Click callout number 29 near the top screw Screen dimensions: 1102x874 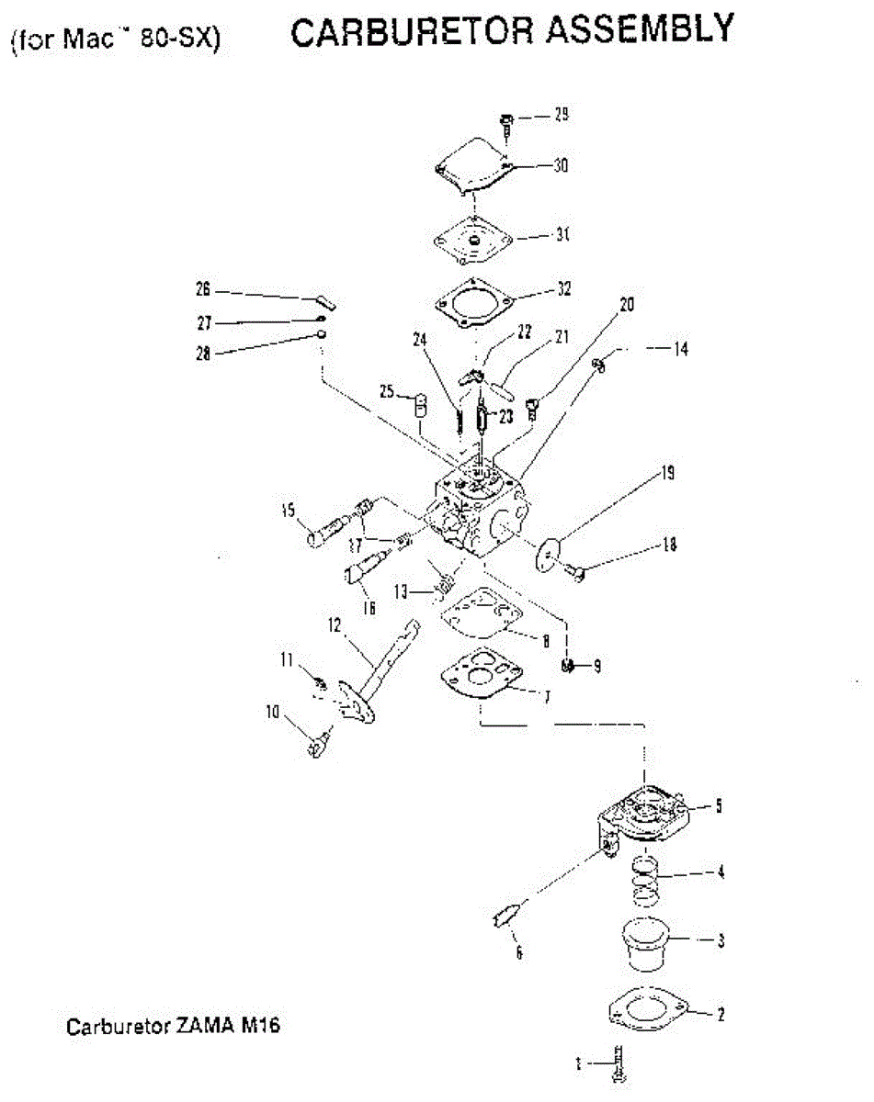(561, 115)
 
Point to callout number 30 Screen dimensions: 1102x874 (560, 165)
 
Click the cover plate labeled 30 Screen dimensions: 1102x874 (476, 165)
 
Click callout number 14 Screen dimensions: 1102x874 (680, 349)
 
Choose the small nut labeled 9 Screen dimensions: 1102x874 (569, 664)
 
